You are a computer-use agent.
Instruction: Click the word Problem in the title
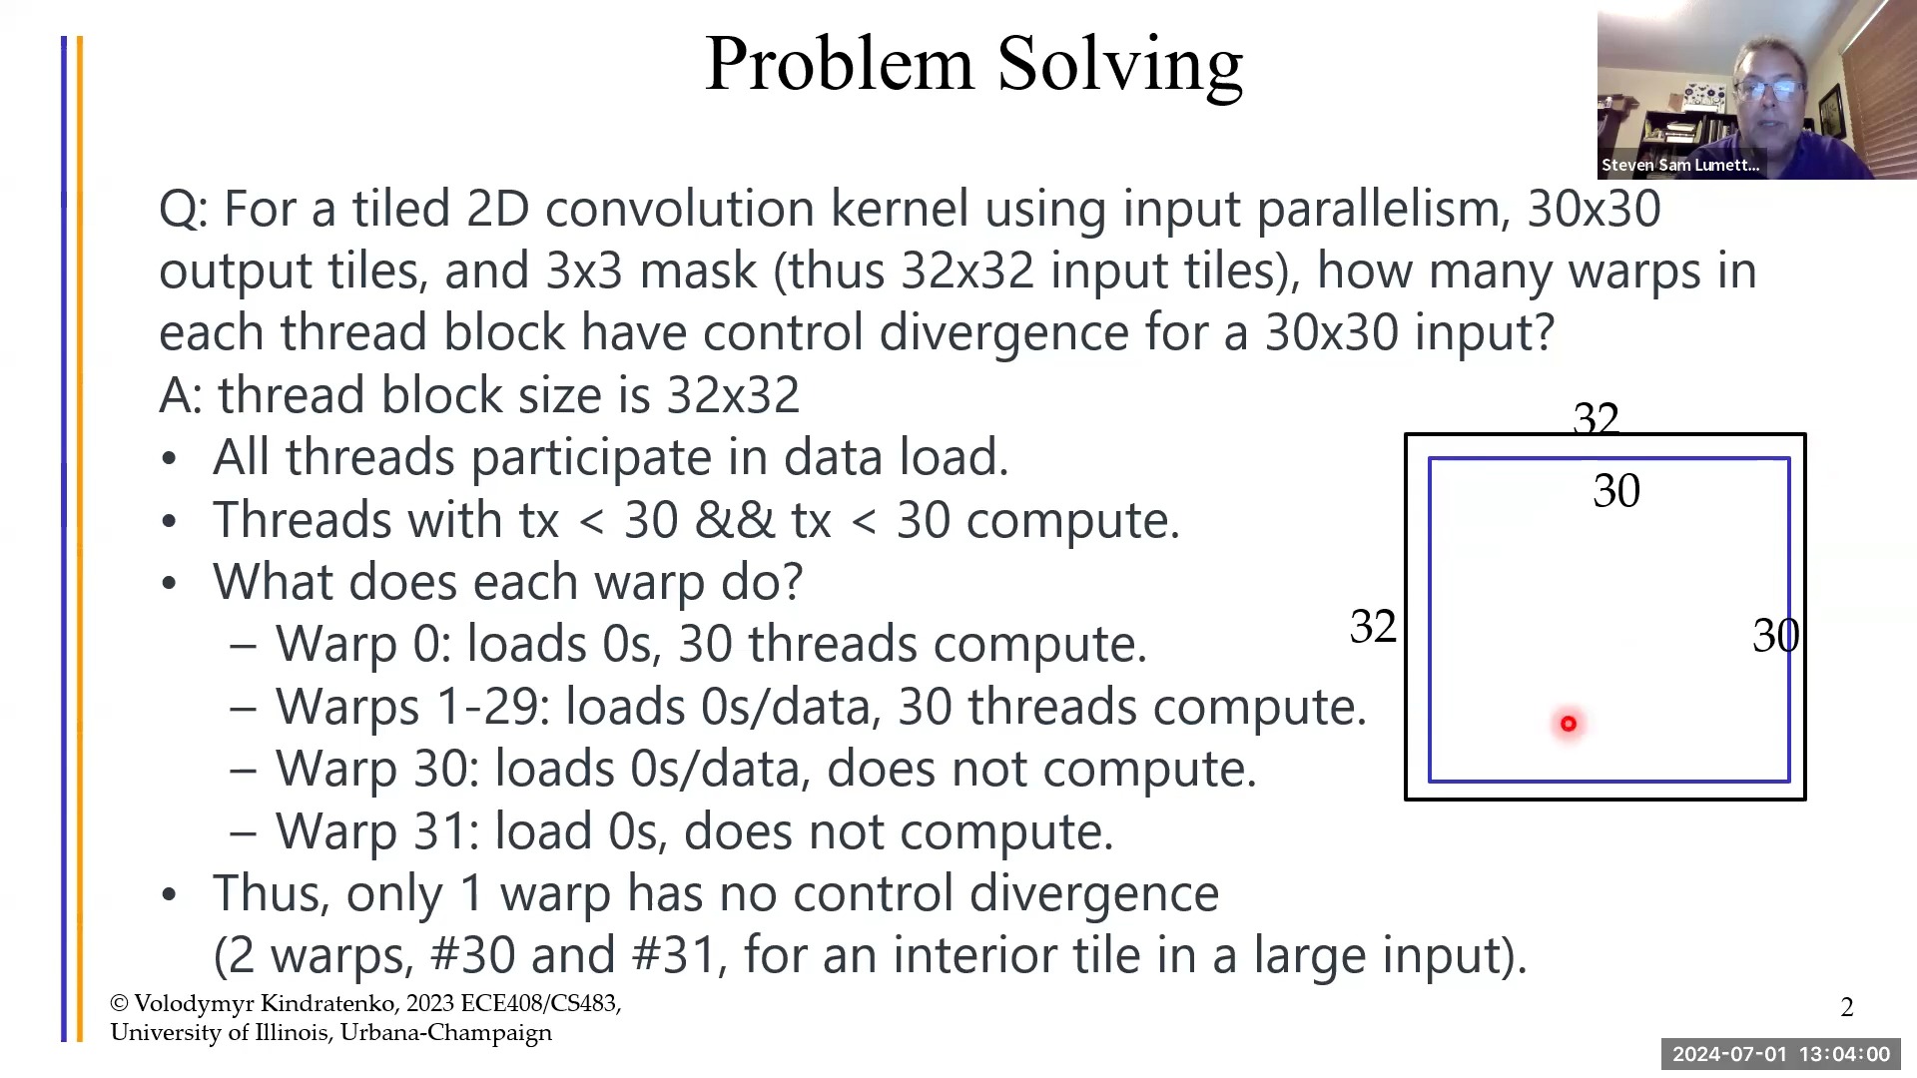(839, 64)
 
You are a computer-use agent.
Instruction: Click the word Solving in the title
(1120, 66)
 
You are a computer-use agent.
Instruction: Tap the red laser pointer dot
(1569, 724)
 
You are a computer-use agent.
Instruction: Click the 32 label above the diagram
(1596, 419)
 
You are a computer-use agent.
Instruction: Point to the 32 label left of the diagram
(1373, 627)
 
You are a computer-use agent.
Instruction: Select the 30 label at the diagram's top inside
(1616, 491)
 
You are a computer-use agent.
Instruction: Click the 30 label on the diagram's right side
(1775, 636)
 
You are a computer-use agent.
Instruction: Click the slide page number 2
(1847, 1007)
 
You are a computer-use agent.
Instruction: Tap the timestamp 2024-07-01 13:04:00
(1781, 1054)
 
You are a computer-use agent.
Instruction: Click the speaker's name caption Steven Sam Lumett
(1680, 165)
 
